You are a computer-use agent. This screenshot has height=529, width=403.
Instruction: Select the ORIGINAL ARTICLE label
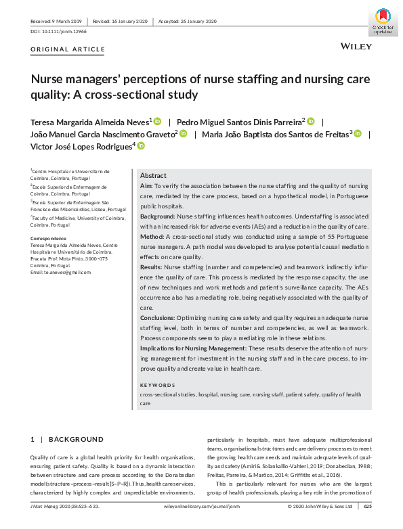68,49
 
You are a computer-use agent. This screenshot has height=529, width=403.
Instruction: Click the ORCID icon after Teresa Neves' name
157,121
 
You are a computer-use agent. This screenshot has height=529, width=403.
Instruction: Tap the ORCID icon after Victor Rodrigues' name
141,145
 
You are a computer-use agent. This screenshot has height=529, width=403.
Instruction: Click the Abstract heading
153,175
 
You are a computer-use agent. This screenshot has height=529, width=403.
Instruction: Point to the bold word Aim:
146,185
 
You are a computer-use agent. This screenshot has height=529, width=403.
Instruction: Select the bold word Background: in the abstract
157,216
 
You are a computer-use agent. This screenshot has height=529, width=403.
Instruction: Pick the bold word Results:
152,267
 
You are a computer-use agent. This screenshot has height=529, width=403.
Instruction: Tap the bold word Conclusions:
158,317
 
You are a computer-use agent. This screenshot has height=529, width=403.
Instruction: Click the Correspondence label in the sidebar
51,239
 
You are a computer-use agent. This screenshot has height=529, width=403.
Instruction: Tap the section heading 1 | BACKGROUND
67,440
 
